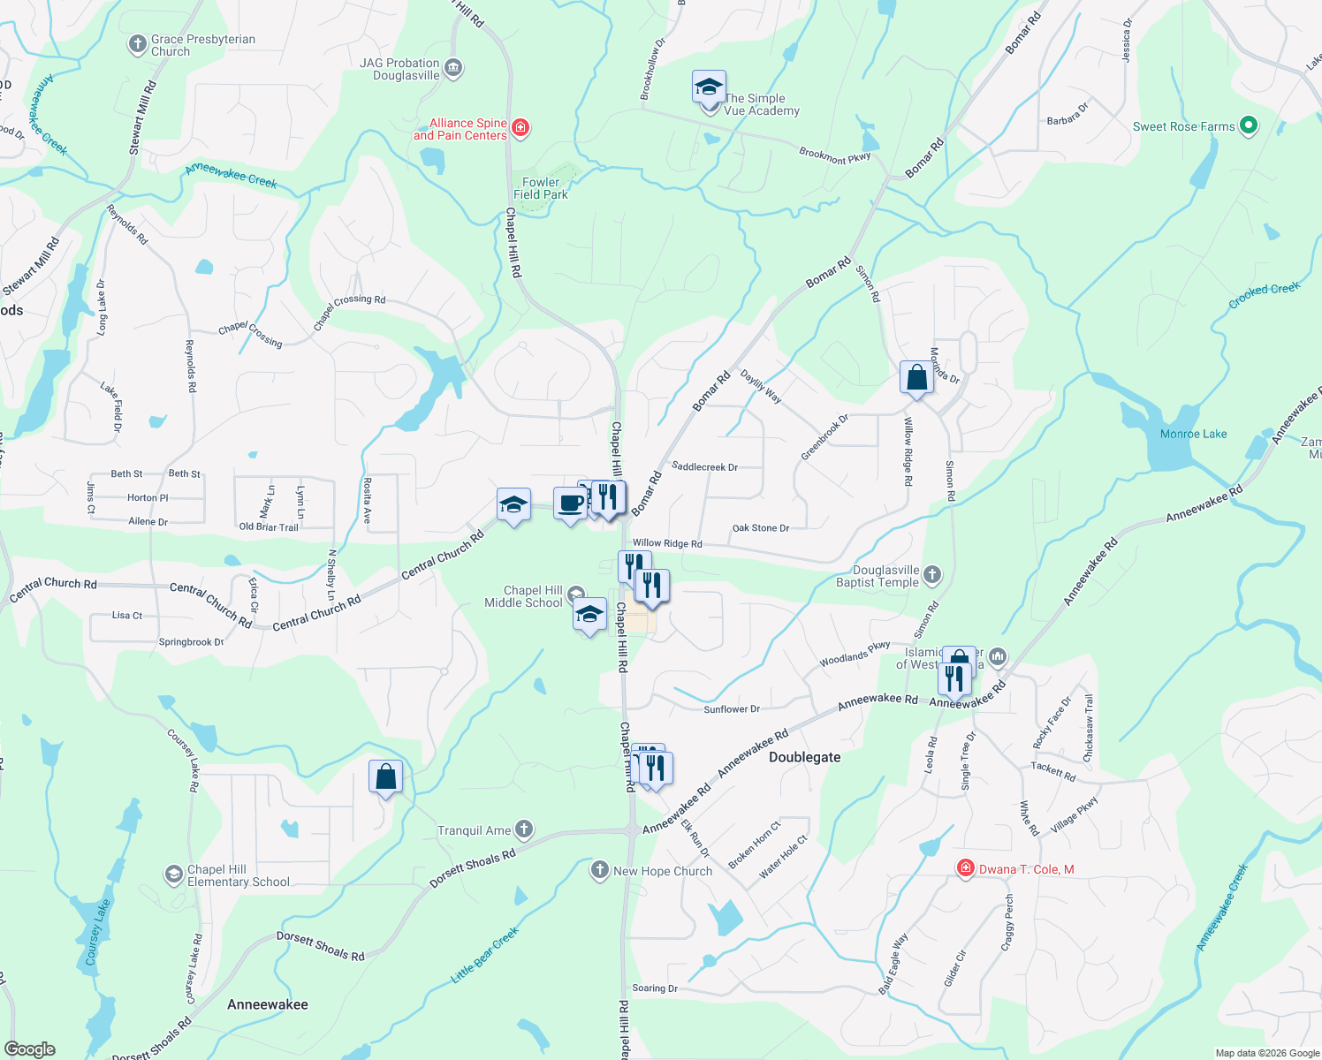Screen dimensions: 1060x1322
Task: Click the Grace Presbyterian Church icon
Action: tap(137, 44)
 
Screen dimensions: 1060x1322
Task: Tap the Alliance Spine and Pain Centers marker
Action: tap(520, 129)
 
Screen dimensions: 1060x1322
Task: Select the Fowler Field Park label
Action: tap(540, 188)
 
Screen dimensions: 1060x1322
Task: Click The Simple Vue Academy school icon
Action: tap(709, 88)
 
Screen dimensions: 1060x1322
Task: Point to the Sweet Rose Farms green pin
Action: tap(1248, 126)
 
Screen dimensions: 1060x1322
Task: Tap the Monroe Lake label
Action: tap(1193, 434)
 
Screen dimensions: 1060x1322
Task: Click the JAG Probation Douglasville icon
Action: tap(453, 68)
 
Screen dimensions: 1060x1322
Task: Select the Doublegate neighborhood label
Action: tap(804, 757)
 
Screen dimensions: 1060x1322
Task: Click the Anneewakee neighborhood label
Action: tap(268, 1004)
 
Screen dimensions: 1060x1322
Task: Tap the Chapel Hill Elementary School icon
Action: tap(174, 875)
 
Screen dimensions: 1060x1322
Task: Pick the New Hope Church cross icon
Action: tap(600, 871)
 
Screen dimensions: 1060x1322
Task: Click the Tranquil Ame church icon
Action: tap(524, 829)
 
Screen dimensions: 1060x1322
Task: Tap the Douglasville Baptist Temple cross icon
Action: tap(932, 576)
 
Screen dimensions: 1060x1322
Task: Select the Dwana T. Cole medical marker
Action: tap(966, 869)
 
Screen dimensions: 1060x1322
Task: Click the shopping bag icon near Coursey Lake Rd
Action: tap(385, 777)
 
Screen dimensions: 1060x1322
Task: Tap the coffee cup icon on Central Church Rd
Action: tap(570, 503)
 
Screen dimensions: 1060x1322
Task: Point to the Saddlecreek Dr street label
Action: tap(704, 466)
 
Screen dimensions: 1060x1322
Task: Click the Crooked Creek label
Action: tap(1264, 295)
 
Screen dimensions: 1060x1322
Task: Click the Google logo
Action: tap(30, 1049)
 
